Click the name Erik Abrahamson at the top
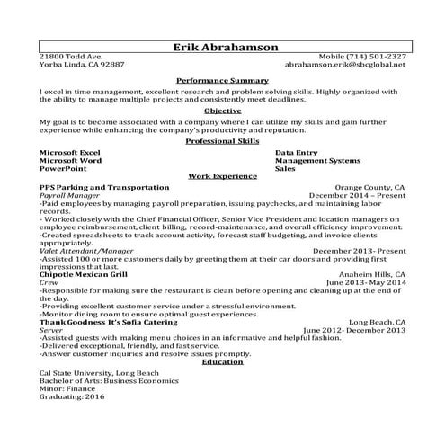[222, 47]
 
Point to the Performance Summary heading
[222, 80]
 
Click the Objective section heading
[222, 111]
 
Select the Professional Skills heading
[222, 141]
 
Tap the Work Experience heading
[222, 178]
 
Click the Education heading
[222, 361]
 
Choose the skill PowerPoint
[63, 168]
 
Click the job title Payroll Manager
[70, 194]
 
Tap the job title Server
[51, 329]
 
